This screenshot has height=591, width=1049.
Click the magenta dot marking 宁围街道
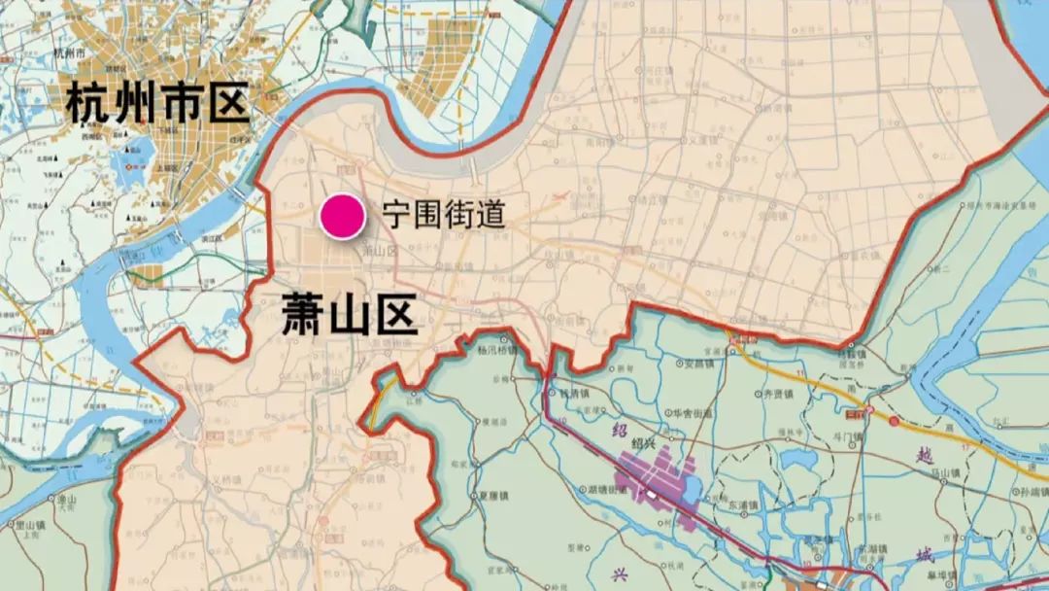[x=343, y=216]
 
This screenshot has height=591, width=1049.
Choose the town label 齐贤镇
[x=776, y=397]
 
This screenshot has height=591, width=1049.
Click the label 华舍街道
[x=694, y=413]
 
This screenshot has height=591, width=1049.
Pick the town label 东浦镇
[x=741, y=504]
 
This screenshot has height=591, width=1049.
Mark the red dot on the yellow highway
[x=894, y=421]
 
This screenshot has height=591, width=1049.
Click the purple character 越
[x=924, y=454]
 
